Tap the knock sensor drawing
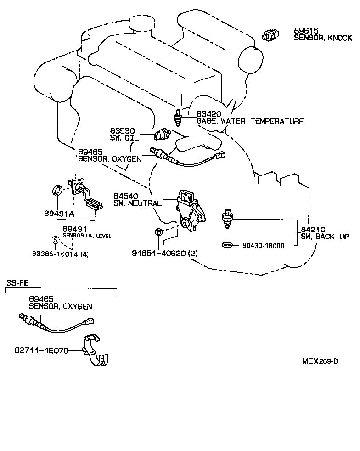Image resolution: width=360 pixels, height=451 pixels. (x=270, y=34)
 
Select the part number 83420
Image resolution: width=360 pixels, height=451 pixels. (x=209, y=114)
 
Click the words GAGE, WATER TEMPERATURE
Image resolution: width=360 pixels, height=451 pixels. (x=250, y=122)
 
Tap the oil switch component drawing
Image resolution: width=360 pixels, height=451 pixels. (x=162, y=135)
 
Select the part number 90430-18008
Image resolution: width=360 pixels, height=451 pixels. (x=264, y=246)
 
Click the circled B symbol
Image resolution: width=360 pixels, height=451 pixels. (x=158, y=232)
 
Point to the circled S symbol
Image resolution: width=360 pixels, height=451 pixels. (x=55, y=239)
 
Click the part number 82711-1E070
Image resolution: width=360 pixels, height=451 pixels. (x=41, y=350)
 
